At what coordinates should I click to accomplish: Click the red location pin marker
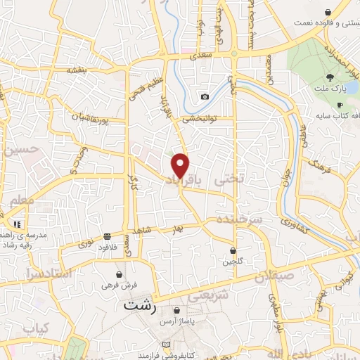[181, 165]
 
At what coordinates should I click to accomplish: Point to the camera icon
[205, 96]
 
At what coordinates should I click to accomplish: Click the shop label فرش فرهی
[118, 286]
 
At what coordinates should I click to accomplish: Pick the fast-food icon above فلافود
[106, 236]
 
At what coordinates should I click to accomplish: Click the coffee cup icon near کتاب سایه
[340, 105]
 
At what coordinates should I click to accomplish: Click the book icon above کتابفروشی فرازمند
[166, 344]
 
